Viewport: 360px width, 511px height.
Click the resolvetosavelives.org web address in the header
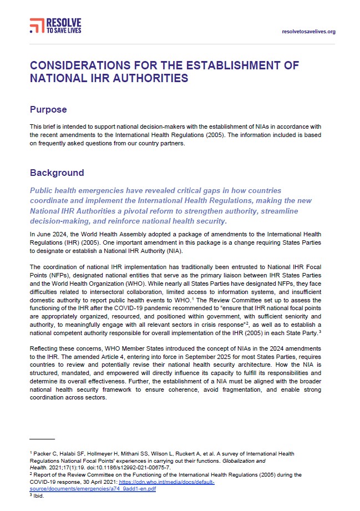tap(308, 32)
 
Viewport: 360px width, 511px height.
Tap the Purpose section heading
tap(48, 110)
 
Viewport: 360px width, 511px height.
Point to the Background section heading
tap(57, 173)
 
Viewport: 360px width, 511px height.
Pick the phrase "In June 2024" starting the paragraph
tap(47, 235)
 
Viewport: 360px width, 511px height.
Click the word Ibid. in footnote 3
tap(38, 497)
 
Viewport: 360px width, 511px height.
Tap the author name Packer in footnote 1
tap(42, 454)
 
